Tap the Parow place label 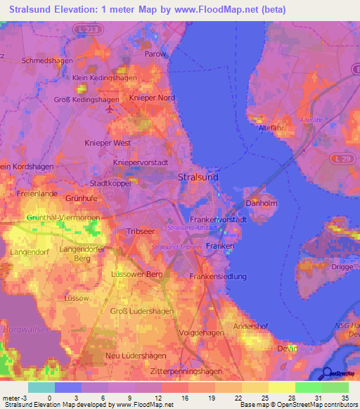pyautogui.click(x=155, y=53)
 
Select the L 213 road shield pyautogui.click(x=84, y=30)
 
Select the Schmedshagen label pyautogui.click(x=48, y=60)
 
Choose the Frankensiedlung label pyautogui.click(x=218, y=276)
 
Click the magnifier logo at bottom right pyautogui.click(x=326, y=374)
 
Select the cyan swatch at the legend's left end pyautogui.click(x=41, y=387)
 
